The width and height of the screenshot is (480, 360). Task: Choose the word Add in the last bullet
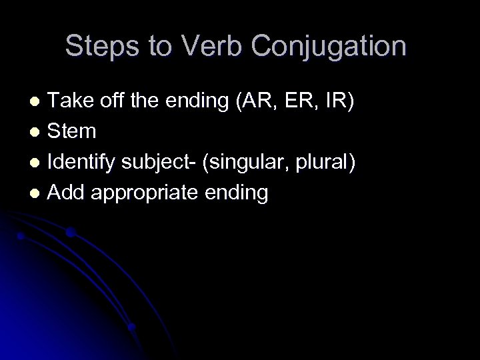67,193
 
